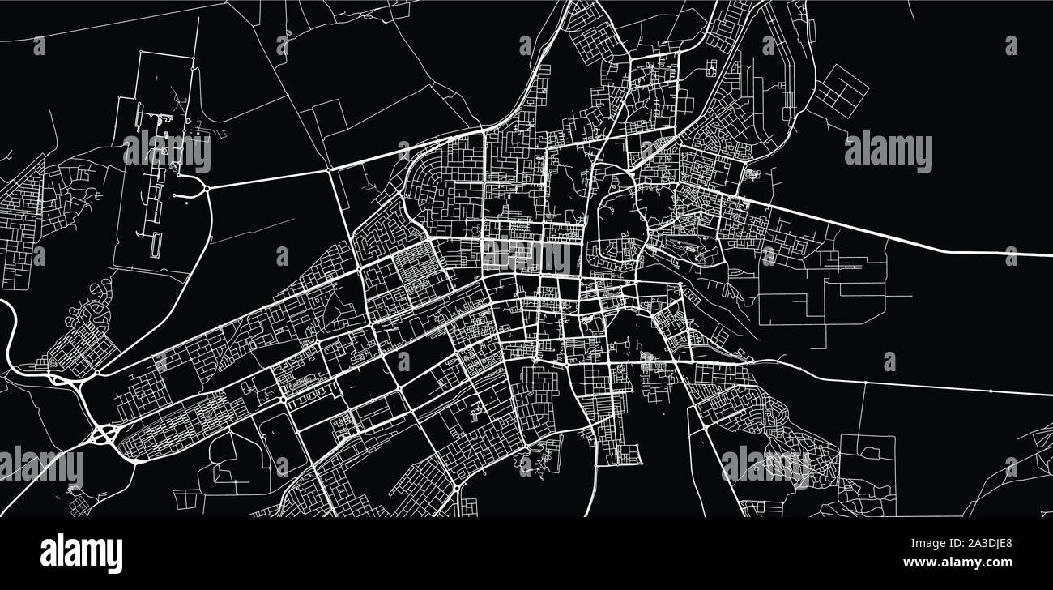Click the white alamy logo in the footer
click(81, 553)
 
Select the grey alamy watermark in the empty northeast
click(888, 152)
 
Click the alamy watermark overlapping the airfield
click(166, 152)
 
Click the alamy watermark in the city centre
click(526, 257)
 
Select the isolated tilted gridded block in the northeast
click(840, 90)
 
